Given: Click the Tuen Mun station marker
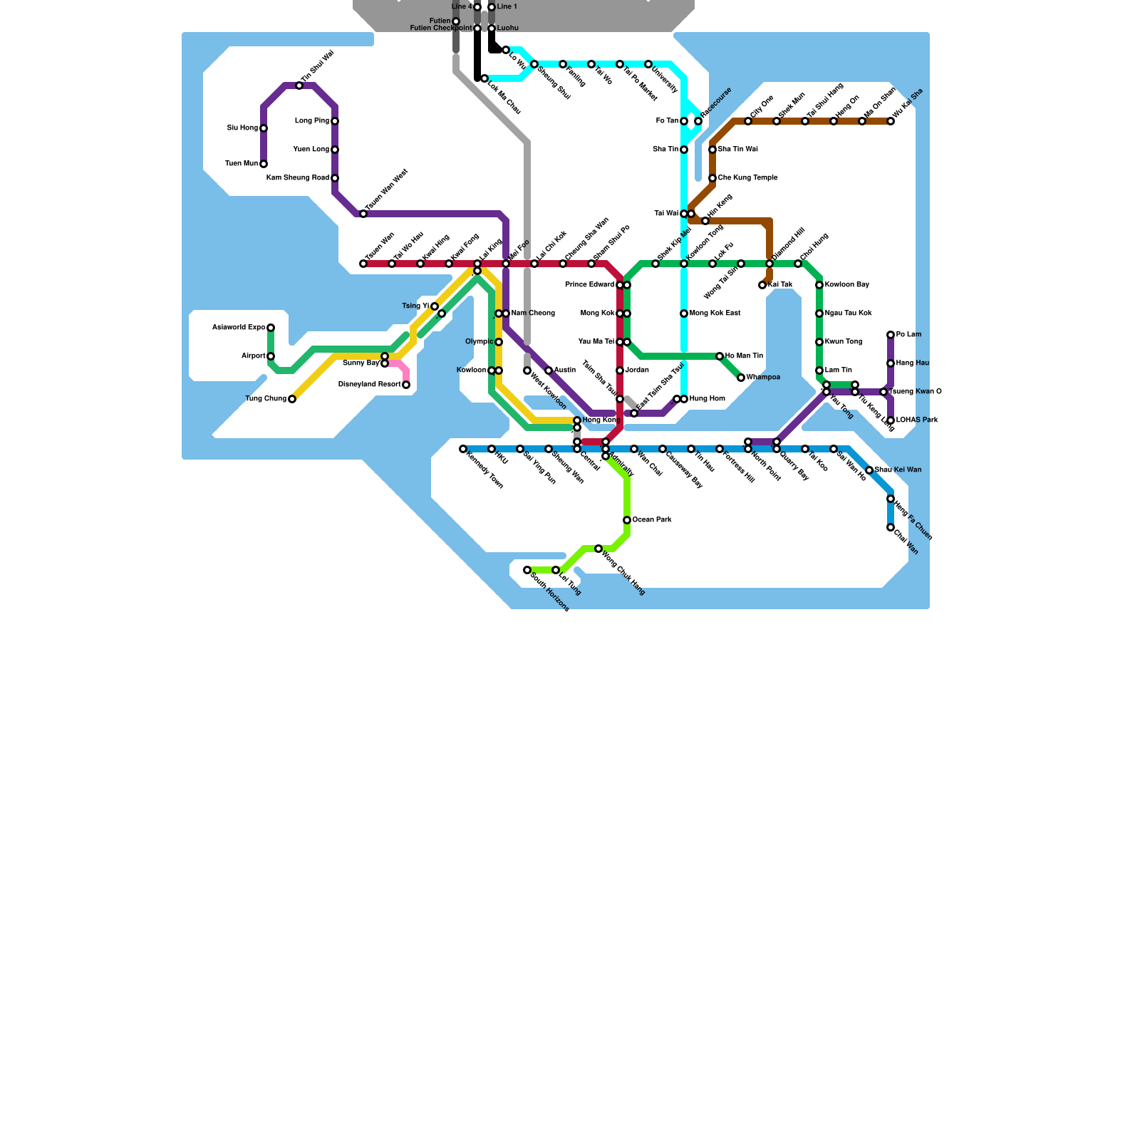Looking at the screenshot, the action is tap(264, 164).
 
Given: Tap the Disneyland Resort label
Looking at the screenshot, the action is tap(369, 385).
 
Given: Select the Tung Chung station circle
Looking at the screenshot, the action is tap(292, 399).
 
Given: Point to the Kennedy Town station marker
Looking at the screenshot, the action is tap(463, 449).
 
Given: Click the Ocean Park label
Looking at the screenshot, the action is tap(652, 520).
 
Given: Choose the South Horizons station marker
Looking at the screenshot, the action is tap(527, 570).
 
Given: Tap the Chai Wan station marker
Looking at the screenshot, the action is tap(891, 527).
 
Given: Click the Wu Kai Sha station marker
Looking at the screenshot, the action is tap(891, 121).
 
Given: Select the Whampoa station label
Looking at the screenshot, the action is tap(763, 378).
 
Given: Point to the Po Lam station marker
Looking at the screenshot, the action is tap(891, 335).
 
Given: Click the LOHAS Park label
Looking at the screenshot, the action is tap(917, 420).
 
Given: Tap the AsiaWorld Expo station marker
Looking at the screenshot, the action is tap(271, 328).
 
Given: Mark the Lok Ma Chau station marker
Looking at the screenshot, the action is tap(484, 78).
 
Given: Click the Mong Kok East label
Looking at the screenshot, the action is tap(715, 313).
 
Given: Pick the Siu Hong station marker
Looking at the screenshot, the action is tap(264, 128).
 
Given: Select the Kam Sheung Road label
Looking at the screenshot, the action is tap(298, 178).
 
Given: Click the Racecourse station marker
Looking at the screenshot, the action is tap(698, 121).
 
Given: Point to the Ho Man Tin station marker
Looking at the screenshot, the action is tap(720, 356).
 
